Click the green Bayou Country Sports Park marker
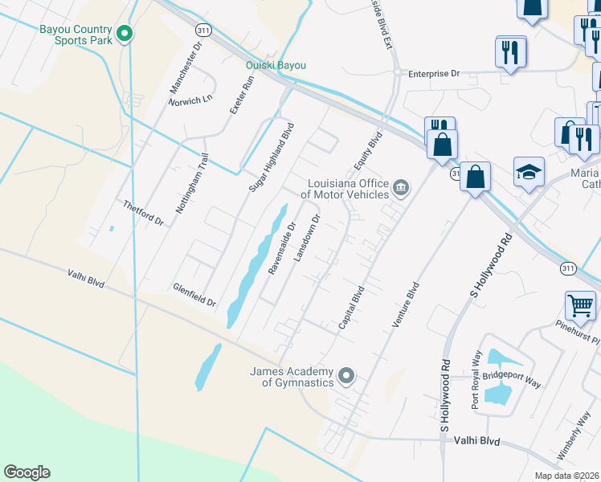pyautogui.click(x=124, y=34)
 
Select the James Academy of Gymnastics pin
pyautogui.click(x=346, y=375)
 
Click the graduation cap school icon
pyautogui.click(x=529, y=172)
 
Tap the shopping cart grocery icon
pyautogui.click(x=580, y=305)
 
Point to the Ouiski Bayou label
pyautogui.click(x=276, y=66)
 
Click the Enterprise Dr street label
pyautogui.click(x=433, y=73)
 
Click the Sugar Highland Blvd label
pyautogui.click(x=272, y=157)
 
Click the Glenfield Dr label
pyautogui.click(x=194, y=294)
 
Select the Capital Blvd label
pyautogui.click(x=352, y=307)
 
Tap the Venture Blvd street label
pyautogui.click(x=406, y=304)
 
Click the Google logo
pyautogui.click(x=27, y=472)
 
